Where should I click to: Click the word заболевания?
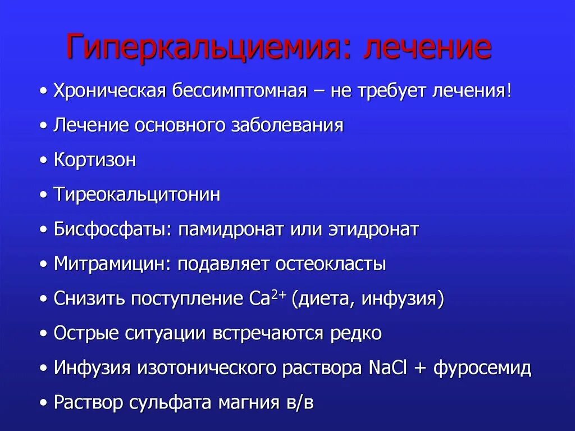(287, 125)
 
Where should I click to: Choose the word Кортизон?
(95, 160)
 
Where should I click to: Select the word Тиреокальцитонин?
(137, 195)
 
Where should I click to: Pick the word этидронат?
(366, 230)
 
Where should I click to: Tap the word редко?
(355, 334)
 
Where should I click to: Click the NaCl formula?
(389, 368)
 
